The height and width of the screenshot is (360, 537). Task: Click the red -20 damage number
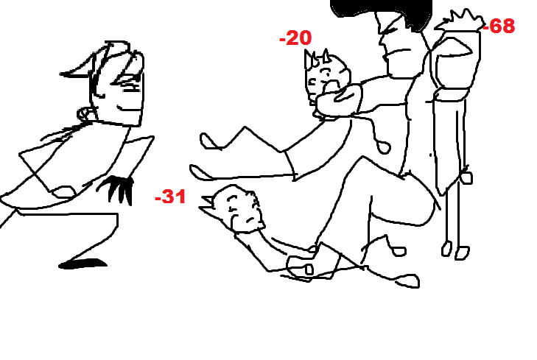click(295, 38)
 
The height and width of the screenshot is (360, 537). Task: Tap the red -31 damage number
click(170, 197)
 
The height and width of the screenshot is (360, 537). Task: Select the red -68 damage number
click(499, 26)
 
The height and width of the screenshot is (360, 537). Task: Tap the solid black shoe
click(83, 264)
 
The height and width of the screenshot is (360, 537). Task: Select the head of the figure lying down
click(239, 209)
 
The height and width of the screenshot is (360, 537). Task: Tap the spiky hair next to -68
click(460, 21)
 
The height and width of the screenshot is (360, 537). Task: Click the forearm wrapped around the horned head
click(339, 100)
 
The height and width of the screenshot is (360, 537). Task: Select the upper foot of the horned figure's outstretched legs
click(210, 141)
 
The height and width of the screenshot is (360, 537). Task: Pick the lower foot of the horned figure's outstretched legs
click(200, 172)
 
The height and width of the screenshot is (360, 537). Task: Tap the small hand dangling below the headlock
click(384, 147)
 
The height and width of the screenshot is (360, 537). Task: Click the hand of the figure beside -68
click(466, 177)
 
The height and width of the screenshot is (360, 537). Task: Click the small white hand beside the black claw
click(63, 191)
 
